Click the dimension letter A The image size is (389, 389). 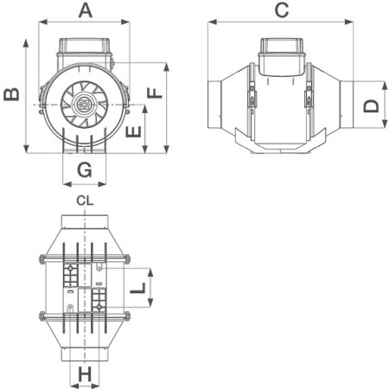click(86, 11)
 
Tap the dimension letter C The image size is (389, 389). click(282, 10)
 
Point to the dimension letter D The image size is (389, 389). click(371, 106)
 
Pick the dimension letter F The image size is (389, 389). click(155, 93)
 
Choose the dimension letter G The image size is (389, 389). click(85, 169)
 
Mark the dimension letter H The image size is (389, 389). click(85, 374)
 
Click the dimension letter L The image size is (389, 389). click(137, 288)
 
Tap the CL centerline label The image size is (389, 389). click(85, 201)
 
